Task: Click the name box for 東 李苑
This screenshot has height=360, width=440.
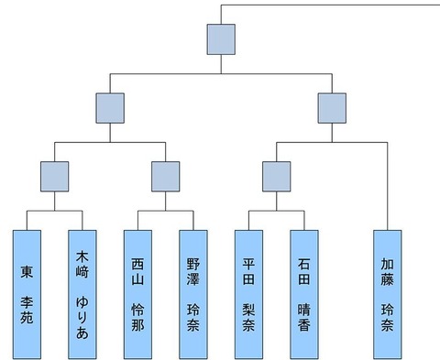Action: tap(27, 294)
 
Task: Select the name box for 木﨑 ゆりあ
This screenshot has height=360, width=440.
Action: tap(82, 294)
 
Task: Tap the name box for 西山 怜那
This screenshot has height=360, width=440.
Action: tap(137, 294)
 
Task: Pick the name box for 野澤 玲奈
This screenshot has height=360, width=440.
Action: tap(193, 294)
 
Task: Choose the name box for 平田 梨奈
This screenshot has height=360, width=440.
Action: tap(248, 294)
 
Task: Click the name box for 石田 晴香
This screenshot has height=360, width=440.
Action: tap(304, 294)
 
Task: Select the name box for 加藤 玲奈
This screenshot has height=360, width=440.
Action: tap(388, 294)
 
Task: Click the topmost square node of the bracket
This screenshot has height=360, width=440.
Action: tap(221, 39)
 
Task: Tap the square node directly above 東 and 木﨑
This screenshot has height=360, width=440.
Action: tap(55, 177)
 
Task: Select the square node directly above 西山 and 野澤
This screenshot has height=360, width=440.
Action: tap(166, 177)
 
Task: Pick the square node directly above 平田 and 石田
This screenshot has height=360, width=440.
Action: tap(277, 177)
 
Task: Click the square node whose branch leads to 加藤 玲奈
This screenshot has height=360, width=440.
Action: tap(332, 108)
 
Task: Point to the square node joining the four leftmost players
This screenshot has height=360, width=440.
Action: tap(110, 108)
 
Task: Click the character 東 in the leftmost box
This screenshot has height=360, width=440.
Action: tap(27, 271)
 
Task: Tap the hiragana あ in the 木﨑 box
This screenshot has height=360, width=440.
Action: tap(82, 333)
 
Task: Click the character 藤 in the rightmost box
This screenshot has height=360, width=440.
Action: tap(387, 279)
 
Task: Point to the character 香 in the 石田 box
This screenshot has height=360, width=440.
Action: tap(304, 325)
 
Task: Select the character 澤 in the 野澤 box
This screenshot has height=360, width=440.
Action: tap(193, 279)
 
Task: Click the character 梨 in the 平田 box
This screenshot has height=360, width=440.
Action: tap(248, 310)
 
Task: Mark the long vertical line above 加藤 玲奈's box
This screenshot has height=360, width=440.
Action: tap(388, 186)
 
